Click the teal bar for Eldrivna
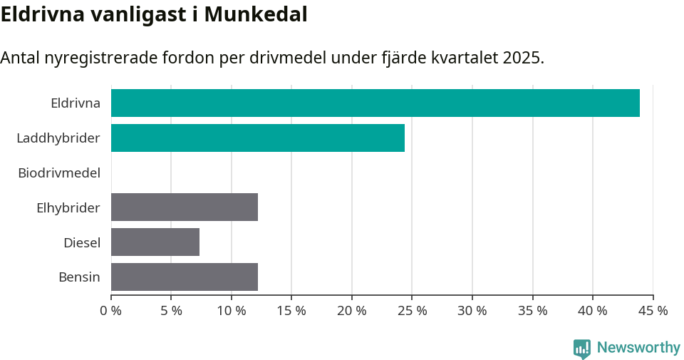(x=375, y=103)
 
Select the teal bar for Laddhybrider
(x=258, y=138)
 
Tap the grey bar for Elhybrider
(x=185, y=207)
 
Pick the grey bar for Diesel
(x=155, y=242)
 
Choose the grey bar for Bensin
(x=185, y=277)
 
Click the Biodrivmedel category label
(x=59, y=173)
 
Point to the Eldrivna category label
(x=76, y=103)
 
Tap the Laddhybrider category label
(x=58, y=138)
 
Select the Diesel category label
(x=82, y=242)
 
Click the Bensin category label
(x=79, y=277)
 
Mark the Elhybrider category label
(x=68, y=207)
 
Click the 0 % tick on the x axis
(x=111, y=311)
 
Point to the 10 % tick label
(x=231, y=311)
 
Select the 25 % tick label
(x=412, y=311)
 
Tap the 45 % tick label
(x=653, y=311)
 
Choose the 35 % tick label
(x=532, y=311)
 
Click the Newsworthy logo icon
(x=582, y=348)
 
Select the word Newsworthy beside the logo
(x=638, y=348)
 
